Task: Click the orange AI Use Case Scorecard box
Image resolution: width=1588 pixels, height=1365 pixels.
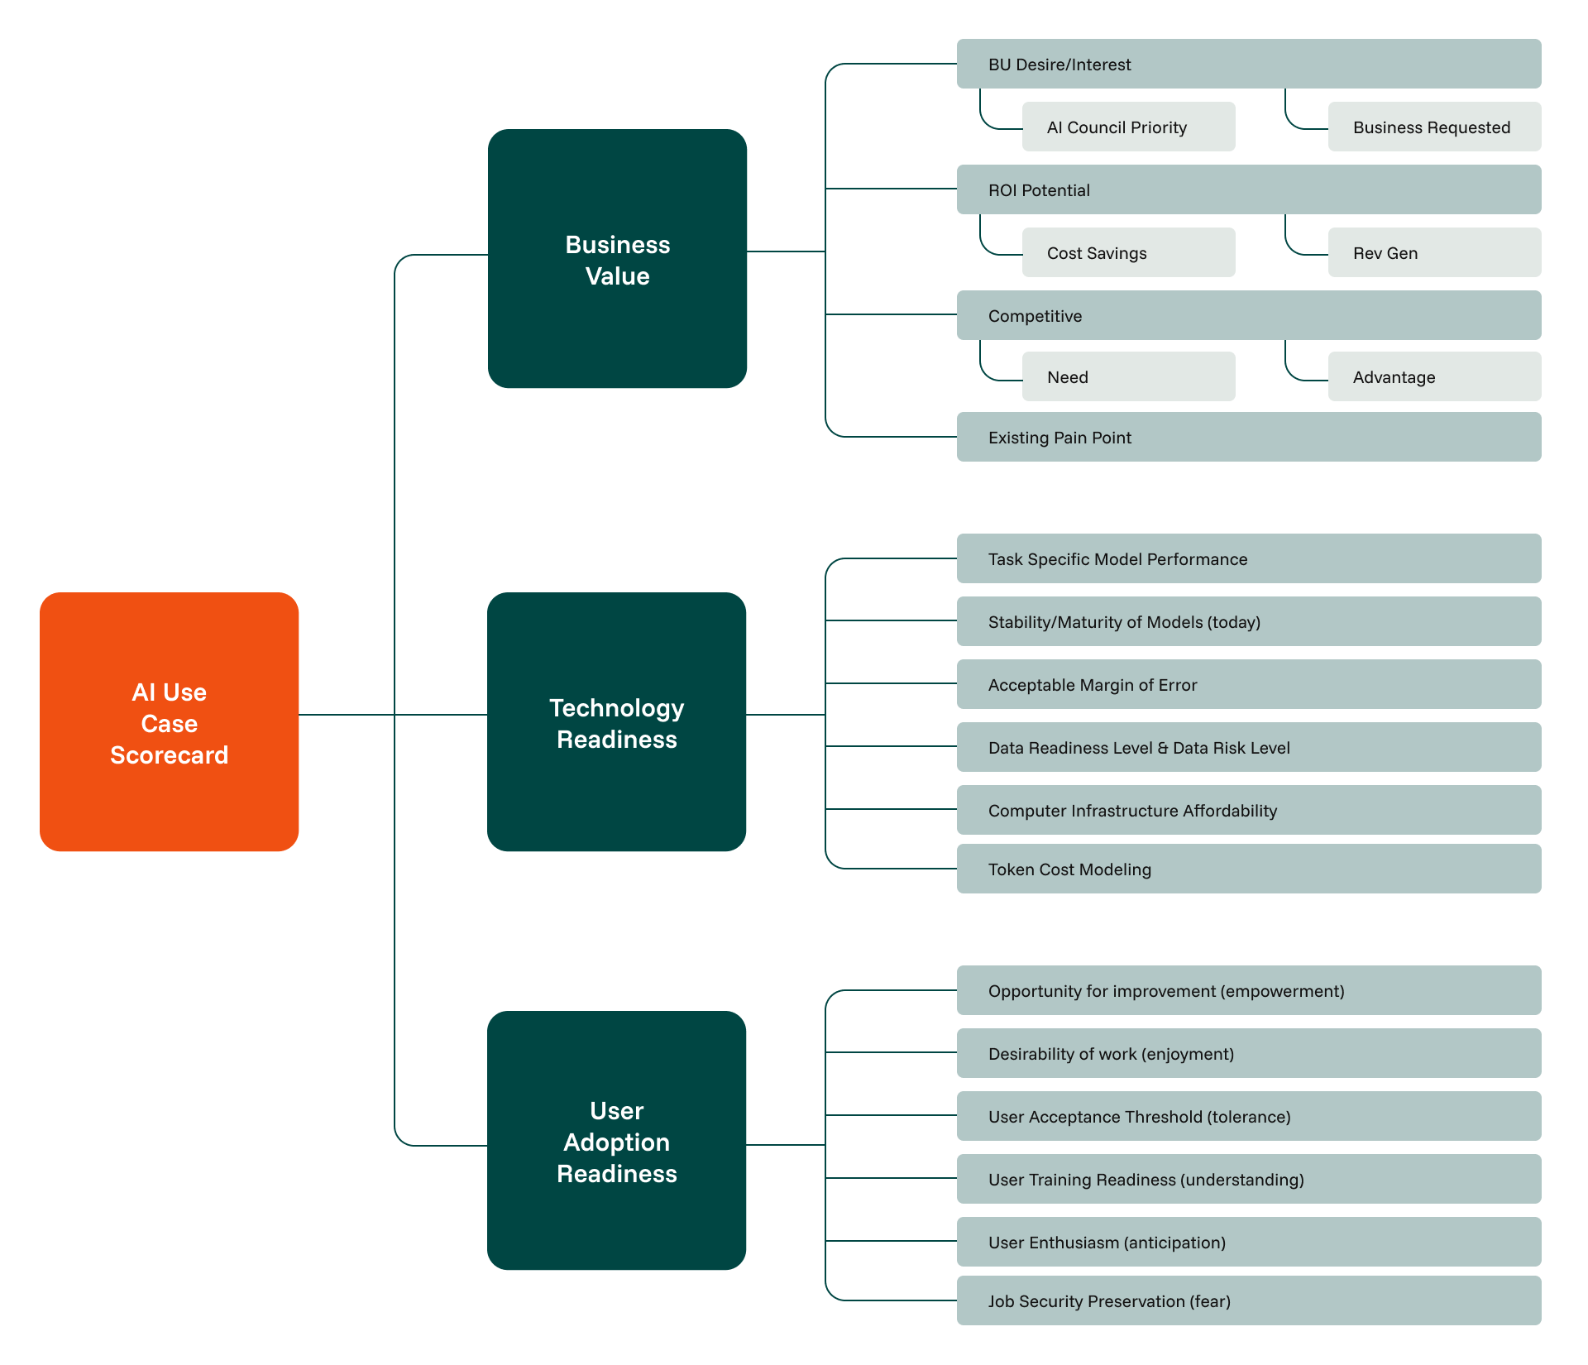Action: click(x=169, y=721)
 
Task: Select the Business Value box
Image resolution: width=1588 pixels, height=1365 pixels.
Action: click(x=617, y=258)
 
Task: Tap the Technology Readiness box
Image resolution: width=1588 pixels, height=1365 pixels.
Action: click(x=616, y=721)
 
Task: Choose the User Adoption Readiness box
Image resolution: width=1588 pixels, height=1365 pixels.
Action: click(x=616, y=1140)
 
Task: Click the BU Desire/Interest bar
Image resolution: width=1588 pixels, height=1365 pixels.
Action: click(x=1249, y=64)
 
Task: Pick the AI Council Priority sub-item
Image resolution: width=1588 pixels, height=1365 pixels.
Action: click(x=1129, y=127)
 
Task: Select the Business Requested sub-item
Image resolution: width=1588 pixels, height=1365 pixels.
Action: click(x=1435, y=127)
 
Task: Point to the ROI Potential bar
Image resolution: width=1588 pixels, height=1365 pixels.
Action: click(x=1249, y=189)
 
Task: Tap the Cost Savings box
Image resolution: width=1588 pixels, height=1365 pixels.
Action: click(x=1129, y=252)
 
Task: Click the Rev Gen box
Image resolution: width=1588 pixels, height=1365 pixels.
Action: click(x=1435, y=252)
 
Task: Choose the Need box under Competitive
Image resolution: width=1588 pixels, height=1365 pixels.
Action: click(x=1129, y=376)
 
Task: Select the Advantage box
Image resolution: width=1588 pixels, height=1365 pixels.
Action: click(x=1435, y=376)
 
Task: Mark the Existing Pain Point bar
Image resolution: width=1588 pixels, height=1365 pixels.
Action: click(x=1249, y=437)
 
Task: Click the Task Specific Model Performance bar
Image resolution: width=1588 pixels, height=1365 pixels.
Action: click(x=1249, y=558)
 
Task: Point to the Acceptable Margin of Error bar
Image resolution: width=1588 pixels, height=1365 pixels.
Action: click(x=1249, y=684)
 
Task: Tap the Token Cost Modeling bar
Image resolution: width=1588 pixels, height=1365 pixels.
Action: click(x=1249, y=869)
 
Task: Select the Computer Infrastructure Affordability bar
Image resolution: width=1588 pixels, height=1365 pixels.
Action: click(x=1249, y=810)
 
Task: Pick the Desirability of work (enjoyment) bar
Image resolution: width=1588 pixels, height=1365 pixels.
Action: click(x=1249, y=1053)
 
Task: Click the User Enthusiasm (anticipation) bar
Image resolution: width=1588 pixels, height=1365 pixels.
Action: click(x=1249, y=1242)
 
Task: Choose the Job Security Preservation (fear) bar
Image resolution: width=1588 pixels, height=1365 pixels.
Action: click(x=1249, y=1300)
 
